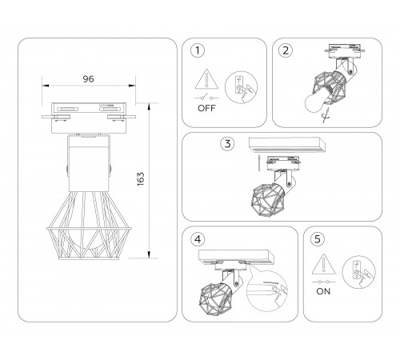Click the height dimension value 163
[x=163, y=179]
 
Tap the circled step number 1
[x=196, y=52]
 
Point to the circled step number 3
[x=228, y=144]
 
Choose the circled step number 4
[x=196, y=238]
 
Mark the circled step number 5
[x=318, y=238]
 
